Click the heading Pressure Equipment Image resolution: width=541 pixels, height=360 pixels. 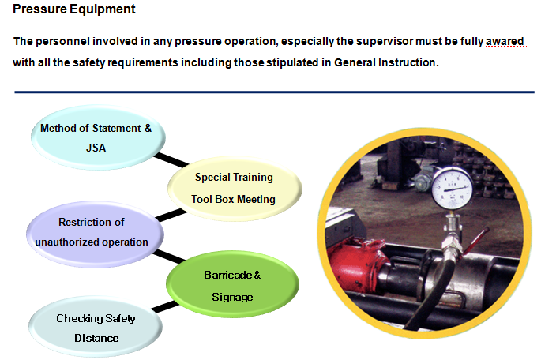[74, 9]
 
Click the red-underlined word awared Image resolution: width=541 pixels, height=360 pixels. [505, 41]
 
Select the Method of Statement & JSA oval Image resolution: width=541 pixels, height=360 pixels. [96, 137]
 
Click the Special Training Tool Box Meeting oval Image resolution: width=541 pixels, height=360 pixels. [235, 188]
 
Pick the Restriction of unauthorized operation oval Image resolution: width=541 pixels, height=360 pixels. [92, 232]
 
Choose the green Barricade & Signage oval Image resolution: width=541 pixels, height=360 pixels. [231, 285]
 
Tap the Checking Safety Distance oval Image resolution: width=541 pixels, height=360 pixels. [96, 328]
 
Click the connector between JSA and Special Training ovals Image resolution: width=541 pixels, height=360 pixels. [170, 162]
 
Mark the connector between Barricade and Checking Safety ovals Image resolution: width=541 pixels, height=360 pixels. [165, 306]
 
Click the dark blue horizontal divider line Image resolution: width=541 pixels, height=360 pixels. [269, 92]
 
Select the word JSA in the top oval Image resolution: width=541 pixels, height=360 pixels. [96, 147]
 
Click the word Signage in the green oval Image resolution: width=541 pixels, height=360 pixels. [231, 297]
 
